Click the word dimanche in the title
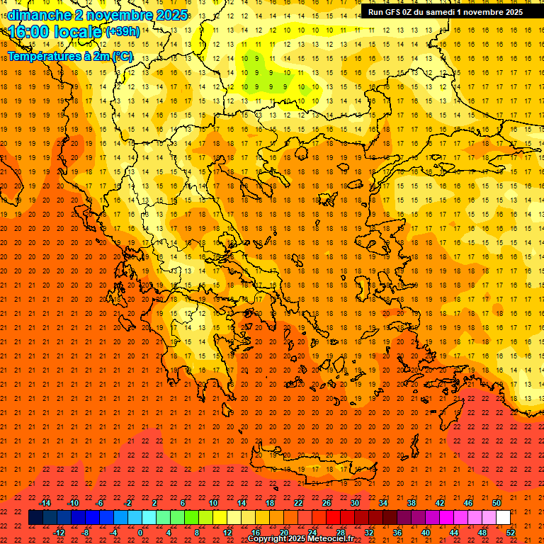pos(39,15)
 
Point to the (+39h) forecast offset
pos(122,32)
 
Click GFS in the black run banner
pos(395,12)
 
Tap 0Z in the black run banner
pos(413,12)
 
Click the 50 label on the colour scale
pos(496,503)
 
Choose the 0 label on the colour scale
pos(140,533)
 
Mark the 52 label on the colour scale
pos(511,533)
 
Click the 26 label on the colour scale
pos(327,503)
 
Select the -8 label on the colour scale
pos(86,533)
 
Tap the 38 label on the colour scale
pos(412,503)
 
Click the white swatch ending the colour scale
pos(503,518)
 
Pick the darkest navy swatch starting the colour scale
pos(35,518)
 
